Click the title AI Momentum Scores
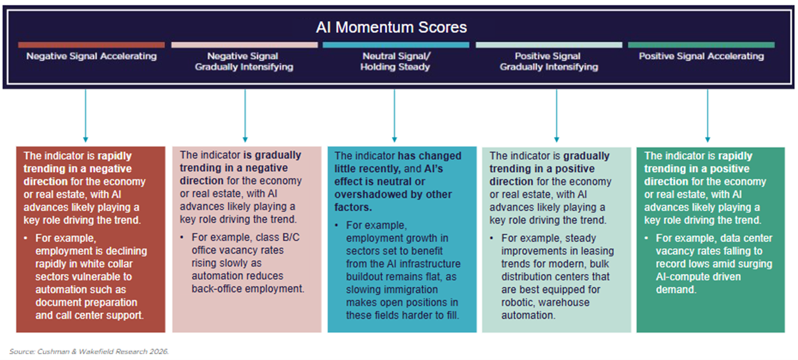pyautogui.click(x=391, y=27)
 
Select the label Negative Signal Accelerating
pyautogui.click(x=91, y=56)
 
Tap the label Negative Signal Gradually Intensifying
pyautogui.click(x=244, y=61)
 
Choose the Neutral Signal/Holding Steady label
pyautogui.click(x=396, y=61)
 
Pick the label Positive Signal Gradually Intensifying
pyautogui.click(x=549, y=61)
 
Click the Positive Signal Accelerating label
pyautogui.click(x=701, y=56)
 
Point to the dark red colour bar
pyautogui.click(x=91, y=45)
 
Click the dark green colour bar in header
pyautogui.click(x=701, y=45)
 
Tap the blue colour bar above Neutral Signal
pyautogui.click(x=396, y=45)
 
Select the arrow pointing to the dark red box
pyautogui.click(x=85, y=115)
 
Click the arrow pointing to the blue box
pyautogui.click(x=395, y=115)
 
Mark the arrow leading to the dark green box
pyautogui.click(x=707, y=115)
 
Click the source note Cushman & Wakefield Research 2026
pyautogui.click(x=89, y=351)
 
